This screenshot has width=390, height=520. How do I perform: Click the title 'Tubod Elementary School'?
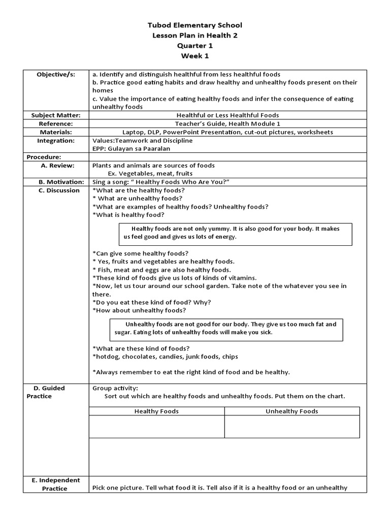pos(195,25)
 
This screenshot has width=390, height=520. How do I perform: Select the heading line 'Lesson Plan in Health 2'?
pos(195,35)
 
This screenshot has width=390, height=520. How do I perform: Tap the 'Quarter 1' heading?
pos(195,45)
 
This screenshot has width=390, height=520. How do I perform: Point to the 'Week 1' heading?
pos(195,55)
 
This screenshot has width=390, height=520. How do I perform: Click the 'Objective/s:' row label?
pos(56,74)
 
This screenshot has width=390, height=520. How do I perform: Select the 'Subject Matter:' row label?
pos(56,115)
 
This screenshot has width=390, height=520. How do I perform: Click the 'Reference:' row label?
pos(56,123)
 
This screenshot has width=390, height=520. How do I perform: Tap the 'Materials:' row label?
pos(56,132)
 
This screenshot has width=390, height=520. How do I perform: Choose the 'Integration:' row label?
pos(56,140)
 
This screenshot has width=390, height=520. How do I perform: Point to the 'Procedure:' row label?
pos(44,157)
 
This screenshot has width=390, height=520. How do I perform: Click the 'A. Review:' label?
pos(57,166)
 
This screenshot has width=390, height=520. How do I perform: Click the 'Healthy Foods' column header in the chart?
pos(156,411)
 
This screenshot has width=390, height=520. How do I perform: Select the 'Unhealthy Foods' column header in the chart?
pos(292,411)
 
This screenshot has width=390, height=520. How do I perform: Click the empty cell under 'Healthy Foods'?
pos(156,427)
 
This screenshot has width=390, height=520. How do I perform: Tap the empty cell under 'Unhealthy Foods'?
pos(292,427)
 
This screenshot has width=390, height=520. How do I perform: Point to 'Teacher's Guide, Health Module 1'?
pos(227,123)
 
